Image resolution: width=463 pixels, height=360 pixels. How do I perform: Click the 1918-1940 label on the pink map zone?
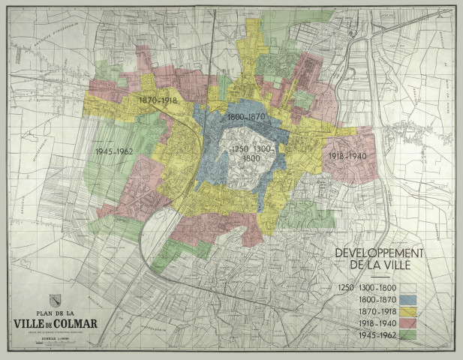347,155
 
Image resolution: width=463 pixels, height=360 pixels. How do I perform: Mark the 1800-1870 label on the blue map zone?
246,118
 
